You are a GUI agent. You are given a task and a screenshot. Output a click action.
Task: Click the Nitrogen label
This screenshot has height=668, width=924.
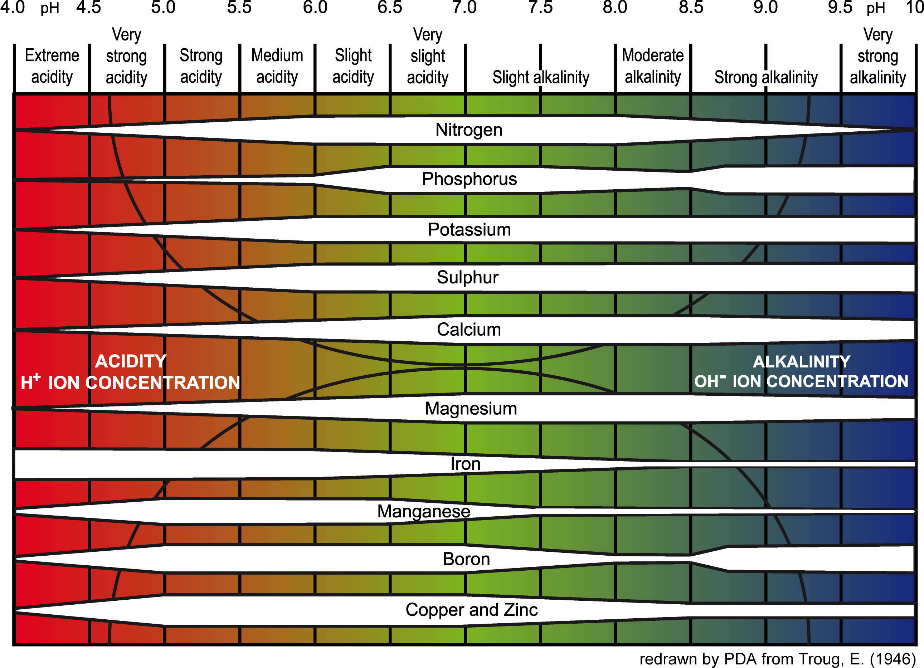tap(468, 130)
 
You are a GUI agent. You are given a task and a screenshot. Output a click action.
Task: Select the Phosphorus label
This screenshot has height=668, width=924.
tap(469, 179)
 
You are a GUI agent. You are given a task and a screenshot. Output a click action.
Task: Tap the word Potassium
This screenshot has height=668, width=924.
tap(469, 230)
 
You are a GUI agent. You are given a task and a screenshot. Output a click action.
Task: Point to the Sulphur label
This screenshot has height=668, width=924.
tap(467, 277)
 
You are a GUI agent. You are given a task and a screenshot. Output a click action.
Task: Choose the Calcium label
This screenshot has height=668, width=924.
tap(468, 330)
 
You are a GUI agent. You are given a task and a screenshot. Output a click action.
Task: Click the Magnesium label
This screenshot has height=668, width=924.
tap(471, 409)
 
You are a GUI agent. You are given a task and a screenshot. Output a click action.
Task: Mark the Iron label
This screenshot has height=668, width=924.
tap(465, 464)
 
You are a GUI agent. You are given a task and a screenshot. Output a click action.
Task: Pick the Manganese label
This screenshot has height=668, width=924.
tap(423, 512)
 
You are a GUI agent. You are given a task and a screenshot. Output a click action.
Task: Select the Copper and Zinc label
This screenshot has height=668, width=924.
tap(471, 610)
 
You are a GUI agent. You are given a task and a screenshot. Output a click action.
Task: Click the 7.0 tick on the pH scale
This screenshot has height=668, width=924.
tap(464, 7)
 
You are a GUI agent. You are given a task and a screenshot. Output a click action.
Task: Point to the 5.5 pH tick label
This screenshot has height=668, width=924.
tap(239, 7)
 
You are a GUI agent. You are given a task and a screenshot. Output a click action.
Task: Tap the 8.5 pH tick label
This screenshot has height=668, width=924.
tap(691, 7)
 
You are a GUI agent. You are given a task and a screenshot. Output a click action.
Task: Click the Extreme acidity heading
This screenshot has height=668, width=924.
tap(52, 66)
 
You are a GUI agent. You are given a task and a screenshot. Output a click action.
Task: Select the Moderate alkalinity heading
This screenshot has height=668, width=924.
tap(653, 66)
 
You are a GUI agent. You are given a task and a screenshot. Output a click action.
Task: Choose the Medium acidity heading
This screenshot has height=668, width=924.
tap(277, 66)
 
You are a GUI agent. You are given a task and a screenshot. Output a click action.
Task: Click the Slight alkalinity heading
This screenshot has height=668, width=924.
tap(541, 77)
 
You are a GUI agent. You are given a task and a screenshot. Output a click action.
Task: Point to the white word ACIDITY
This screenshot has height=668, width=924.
tap(130, 361)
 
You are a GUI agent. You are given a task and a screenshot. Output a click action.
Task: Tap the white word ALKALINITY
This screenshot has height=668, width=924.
tap(801, 362)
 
